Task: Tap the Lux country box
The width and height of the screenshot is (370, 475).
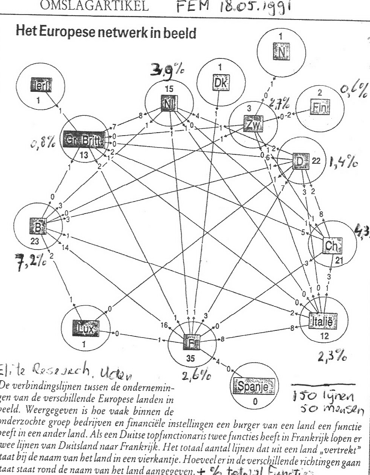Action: click(x=84, y=329)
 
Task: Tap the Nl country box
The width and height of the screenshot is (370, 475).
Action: click(x=169, y=103)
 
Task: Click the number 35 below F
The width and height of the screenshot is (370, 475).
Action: click(x=190, y=358)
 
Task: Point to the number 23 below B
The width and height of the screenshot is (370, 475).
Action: click(x=34, y=242)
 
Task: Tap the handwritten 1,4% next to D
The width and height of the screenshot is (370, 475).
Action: click(x=343, y=162)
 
